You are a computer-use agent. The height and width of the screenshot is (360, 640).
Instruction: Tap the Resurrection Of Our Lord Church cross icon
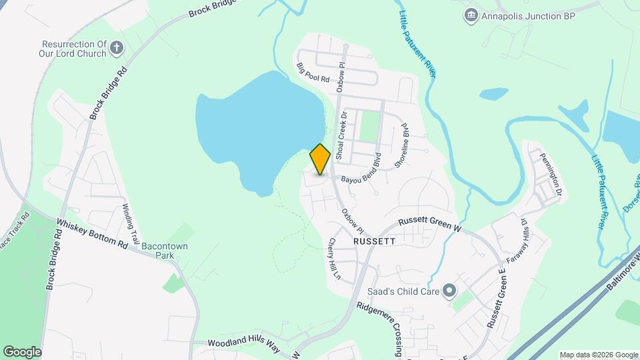pos(117,47)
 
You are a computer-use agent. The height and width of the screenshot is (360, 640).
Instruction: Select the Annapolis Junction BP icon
pos(472,14)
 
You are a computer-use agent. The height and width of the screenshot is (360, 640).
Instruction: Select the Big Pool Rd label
pos(313,72)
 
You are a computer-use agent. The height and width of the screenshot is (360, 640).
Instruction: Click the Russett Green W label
pos(430,224)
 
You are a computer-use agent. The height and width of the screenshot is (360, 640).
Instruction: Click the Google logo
pos(22,351)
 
